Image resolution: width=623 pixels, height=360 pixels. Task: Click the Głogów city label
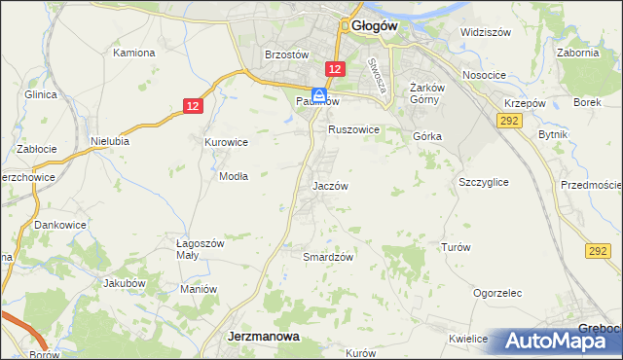pos(371,27)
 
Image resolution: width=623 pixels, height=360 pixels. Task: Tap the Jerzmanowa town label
pos(263,336)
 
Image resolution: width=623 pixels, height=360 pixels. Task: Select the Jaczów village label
pos(330,185)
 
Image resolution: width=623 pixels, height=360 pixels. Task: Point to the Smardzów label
pos(327,257)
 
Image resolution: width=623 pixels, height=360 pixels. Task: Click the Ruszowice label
pos(352,129)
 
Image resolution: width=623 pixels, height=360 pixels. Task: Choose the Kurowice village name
pos(226,142)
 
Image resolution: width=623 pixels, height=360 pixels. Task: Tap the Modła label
pos(233,177)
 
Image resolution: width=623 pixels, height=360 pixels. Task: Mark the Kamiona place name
pos(135,52)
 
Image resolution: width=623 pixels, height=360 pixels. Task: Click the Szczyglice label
pos(484,182)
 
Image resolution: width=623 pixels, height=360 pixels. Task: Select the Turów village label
pos(456,247)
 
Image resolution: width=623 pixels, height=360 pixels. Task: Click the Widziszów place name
pos(486,32)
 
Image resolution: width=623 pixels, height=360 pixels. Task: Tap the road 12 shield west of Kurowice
pos(193,105)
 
